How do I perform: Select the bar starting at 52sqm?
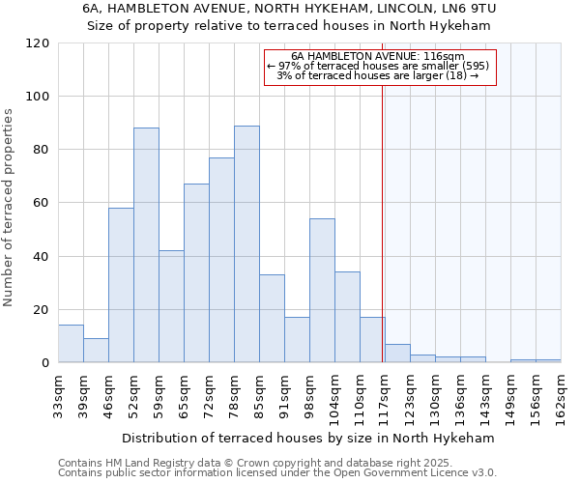146,245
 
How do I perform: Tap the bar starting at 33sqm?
71,344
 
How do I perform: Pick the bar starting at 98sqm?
322,291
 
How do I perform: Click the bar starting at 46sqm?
121,285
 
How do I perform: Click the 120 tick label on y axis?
38,43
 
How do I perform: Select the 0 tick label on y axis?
45,363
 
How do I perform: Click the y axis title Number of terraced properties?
9,208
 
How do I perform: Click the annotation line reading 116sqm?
379,57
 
